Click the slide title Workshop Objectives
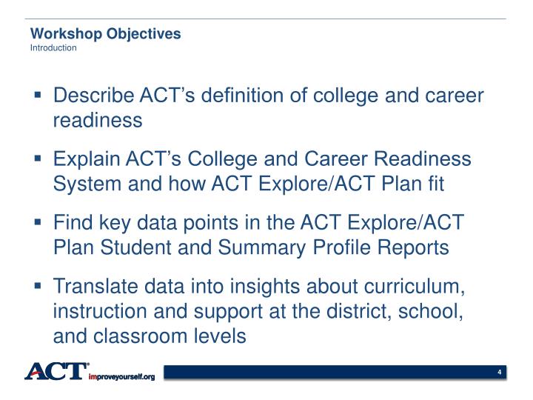(x=105, y=34)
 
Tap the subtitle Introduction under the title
(x=53, y=48)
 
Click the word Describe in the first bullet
(x=93, y=96)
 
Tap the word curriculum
(x=423, y=287)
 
